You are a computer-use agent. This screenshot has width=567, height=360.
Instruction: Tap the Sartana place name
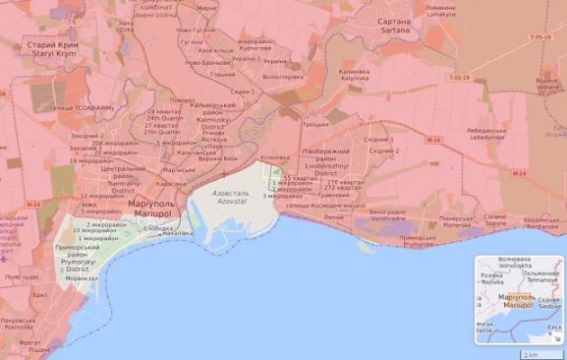tap(393, 26)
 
